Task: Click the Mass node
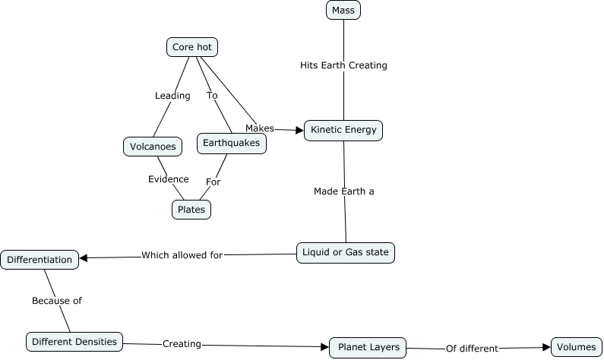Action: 343,10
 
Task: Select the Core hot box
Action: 192,47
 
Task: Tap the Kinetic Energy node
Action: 343,130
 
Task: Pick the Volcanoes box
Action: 153,147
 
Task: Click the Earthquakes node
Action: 232,143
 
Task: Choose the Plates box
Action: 191,210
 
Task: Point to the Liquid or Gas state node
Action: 346,252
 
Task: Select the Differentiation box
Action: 40,260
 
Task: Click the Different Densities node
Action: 74,342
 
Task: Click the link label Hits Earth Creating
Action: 343,65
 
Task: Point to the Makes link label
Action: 259,128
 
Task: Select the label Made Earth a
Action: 344,191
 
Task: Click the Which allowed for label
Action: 182,255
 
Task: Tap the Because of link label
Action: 56,301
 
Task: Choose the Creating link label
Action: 182,344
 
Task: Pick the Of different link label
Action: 472,349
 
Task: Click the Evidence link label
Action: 168,179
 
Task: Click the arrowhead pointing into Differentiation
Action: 84,257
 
